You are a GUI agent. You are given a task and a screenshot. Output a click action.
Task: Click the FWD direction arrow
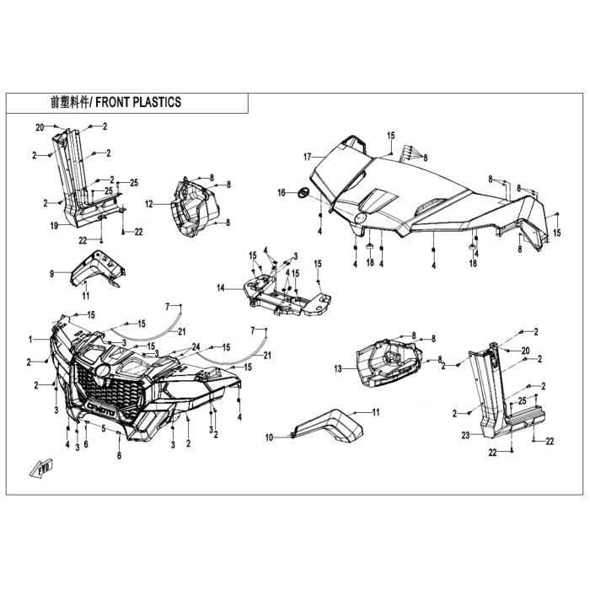41,468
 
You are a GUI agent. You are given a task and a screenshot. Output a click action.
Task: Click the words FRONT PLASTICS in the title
138,102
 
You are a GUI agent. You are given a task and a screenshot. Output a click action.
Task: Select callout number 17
308,157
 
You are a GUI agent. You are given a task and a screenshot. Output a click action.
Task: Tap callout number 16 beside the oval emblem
282,193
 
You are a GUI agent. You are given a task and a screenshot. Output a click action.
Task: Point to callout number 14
221,288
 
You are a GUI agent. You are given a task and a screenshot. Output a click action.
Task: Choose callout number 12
149,204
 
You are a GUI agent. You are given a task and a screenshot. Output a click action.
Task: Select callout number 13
338,369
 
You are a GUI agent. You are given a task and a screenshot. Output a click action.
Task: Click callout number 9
52,274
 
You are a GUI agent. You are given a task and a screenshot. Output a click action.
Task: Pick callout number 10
269,437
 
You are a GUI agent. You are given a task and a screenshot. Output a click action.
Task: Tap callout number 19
54,226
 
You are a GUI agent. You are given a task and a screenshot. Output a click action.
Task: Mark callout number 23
466,436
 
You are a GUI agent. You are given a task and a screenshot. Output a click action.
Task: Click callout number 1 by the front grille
30,340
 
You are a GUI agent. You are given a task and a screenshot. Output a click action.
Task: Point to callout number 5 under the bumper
104,428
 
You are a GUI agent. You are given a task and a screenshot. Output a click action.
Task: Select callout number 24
196,346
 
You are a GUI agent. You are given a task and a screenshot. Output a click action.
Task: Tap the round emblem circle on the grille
102,371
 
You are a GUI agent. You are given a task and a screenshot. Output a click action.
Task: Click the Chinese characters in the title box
70,102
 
